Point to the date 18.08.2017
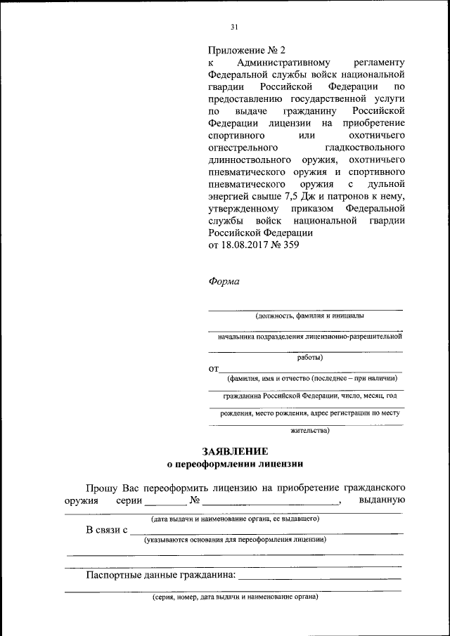244,245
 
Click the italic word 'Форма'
224,282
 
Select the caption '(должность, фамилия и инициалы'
305,316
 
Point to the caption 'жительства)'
305,431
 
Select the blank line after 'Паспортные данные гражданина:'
319,576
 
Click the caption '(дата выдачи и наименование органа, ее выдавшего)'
235,519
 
